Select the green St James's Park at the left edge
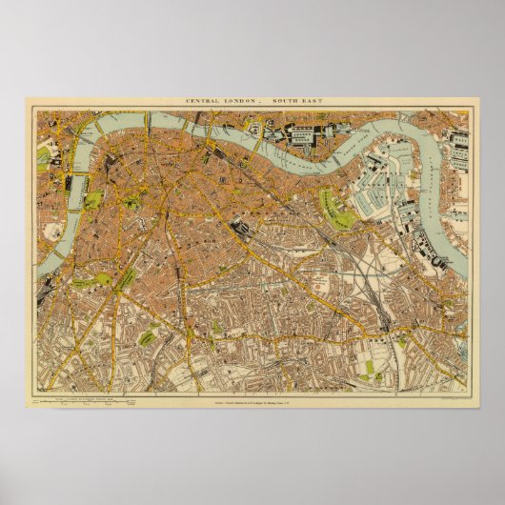42,158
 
